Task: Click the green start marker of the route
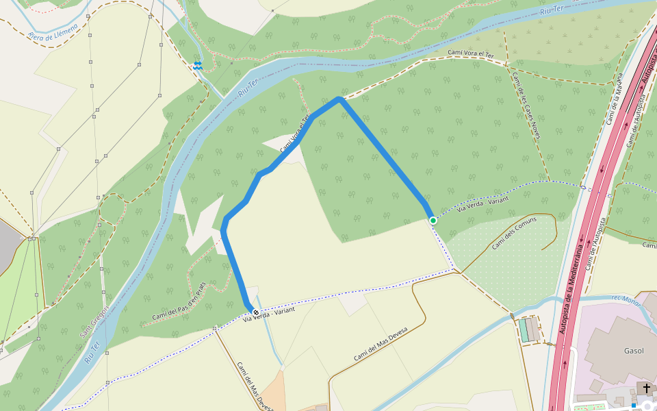[433, 220]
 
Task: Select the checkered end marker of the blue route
[256, 312]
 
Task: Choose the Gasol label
[634, 351]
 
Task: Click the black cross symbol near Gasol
[646, 388]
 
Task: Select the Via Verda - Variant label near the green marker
[483, 204]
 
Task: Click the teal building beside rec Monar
[524, 330]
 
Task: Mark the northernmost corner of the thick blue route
[339, 99]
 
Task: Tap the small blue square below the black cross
[634, 406]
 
